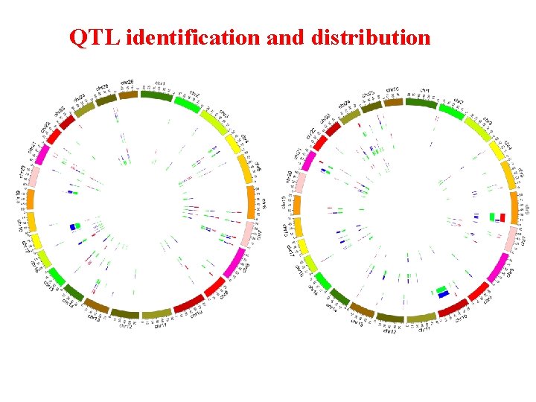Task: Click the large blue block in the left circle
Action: [x=73, y=226]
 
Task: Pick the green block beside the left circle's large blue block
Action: [x=78, y=225]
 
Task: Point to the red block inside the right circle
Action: [x=502, y=217]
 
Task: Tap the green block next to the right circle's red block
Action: [x=492, y=217]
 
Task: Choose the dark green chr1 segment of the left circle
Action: [x=156, y=95]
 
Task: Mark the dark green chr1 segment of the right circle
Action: [x=421, y=103]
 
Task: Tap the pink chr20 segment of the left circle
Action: [x=34, y=176]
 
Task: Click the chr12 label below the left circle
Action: [x=126, y=324]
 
